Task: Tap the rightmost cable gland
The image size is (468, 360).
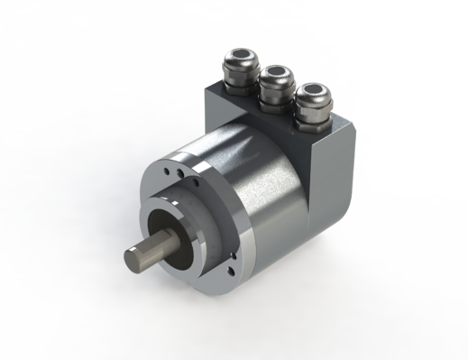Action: pyautogui.click(x=313, y=94)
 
